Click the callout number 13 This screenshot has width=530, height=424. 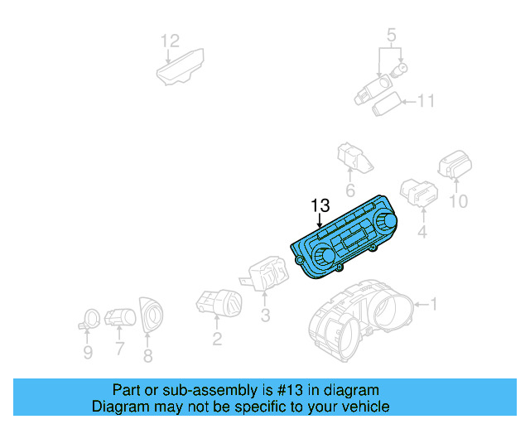[320, 205]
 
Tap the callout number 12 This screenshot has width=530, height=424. [169, 40]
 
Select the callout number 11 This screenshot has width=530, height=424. [426, 102]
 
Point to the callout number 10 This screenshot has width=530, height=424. [458, 201]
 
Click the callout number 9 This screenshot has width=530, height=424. [392, 35]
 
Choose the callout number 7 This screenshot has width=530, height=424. [119, 349]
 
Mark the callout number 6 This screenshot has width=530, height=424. [148, 356]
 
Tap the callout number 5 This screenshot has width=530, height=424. [88, 354]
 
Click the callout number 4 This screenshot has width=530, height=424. [422, 233]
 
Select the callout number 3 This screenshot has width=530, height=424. [265, 316]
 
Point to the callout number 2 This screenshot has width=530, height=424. [217, 338]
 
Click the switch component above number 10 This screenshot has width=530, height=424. [455, 165]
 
